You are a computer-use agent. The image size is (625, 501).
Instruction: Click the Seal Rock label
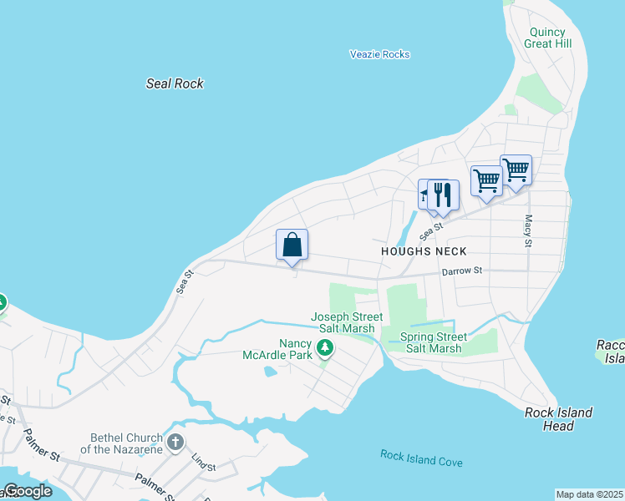[175, 83]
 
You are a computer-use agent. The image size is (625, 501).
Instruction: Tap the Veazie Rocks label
[379, 54]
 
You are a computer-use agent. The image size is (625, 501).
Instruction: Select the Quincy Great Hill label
[548, 38]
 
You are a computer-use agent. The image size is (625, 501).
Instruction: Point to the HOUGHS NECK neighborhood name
[424, 251]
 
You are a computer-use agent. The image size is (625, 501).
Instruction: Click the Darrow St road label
[462, 271]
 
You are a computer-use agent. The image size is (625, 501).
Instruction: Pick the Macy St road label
[528, 230]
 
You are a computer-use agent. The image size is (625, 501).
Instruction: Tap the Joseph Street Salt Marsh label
[347, 323]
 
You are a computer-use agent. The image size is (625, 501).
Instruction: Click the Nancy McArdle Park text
[295, 349]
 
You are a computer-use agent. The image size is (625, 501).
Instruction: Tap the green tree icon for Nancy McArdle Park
[325, 348]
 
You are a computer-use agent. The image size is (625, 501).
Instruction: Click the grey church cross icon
[175, 442]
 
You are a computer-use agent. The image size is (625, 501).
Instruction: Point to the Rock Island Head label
[558, 419]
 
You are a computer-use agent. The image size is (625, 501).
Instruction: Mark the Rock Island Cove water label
[421, 458]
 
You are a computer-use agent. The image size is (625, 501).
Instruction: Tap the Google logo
[27, 491]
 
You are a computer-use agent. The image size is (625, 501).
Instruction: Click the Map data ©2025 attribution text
[590, 494]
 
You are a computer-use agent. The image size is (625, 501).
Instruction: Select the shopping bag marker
[292, 245]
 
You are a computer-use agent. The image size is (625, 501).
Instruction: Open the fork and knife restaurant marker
[443, 195]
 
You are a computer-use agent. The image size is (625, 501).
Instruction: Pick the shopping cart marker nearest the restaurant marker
[485, 180]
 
